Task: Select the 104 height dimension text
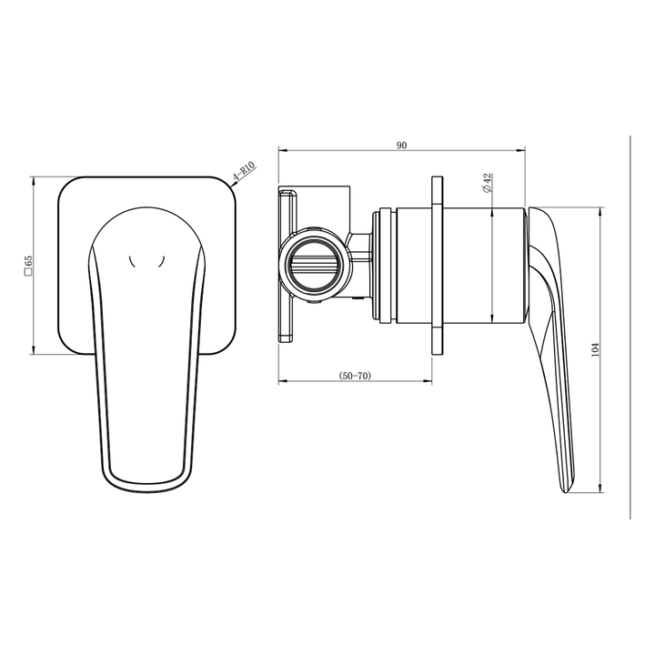(595, 349)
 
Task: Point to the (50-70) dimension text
(355, 375)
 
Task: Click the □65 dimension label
(28, 264)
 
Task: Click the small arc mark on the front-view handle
(147, 263)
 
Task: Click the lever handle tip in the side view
(568, 488)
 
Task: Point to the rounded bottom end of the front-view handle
(147, 487)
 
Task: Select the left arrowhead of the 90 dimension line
(281, 150)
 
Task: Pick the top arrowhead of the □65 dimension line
(34, 179)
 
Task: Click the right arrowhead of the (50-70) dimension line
(428, 381)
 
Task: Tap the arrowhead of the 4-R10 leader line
(234, 186)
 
